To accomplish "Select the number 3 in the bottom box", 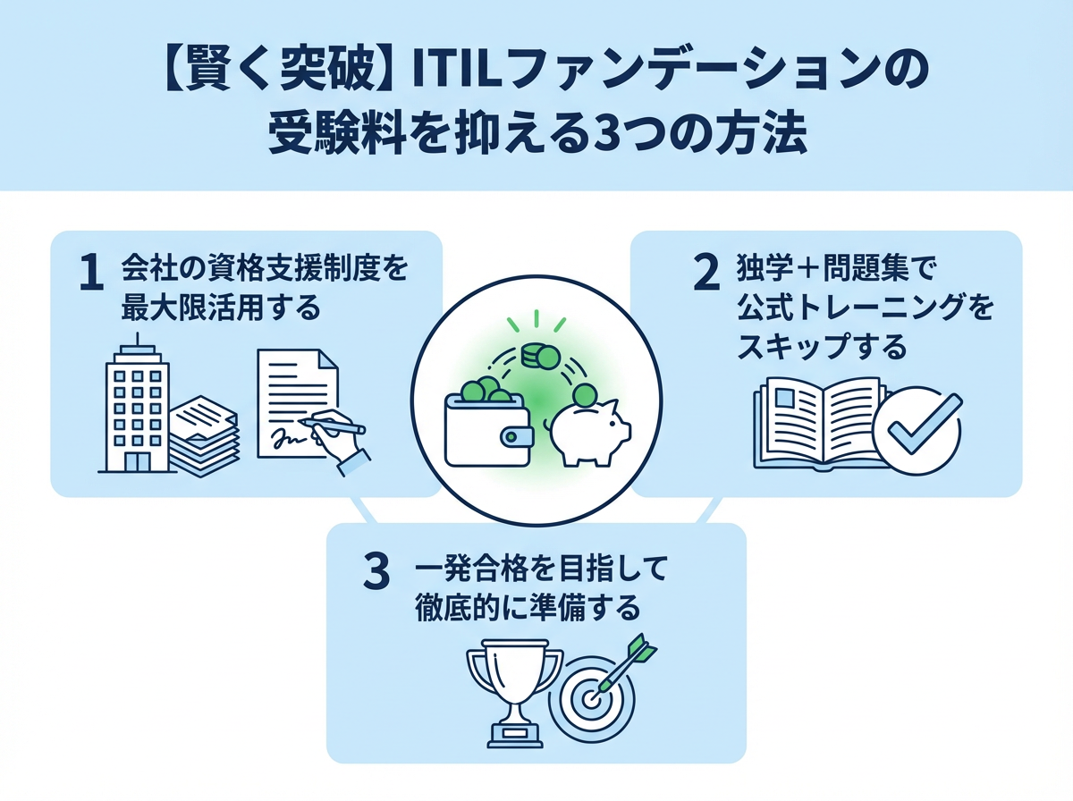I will coord(376,573).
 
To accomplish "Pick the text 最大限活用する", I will coord(219,308).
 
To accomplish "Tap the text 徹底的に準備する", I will coord(528,608).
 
